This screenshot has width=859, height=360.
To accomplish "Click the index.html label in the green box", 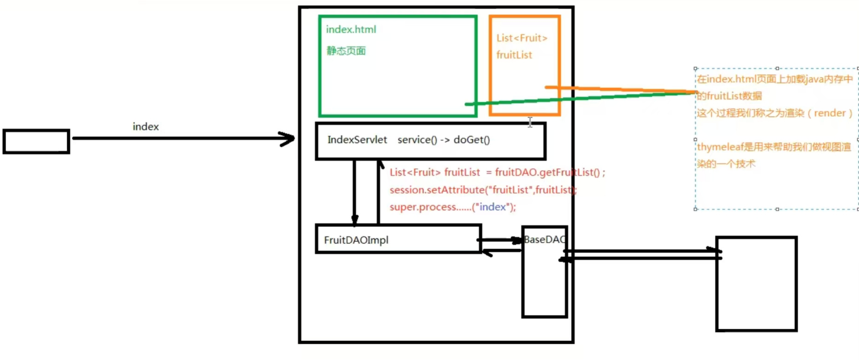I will pos(351,30).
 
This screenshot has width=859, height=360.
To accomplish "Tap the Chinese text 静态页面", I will pos(346,51).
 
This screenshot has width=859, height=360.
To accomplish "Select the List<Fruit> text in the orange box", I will pos(522,38).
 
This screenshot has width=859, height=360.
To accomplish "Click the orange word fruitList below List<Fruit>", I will pos(514,55).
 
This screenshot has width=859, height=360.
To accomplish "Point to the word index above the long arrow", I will pos(145,127).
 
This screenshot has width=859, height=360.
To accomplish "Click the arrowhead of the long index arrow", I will pos(288,139).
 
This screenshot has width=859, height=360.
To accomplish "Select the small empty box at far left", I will pos(36,142).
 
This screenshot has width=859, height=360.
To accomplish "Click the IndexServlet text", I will pos(357,140).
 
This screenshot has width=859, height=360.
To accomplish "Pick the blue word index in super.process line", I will pos(492,207).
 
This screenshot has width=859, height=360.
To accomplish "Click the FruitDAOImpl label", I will pos(356,240).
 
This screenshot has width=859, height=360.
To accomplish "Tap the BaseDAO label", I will pos(544,240).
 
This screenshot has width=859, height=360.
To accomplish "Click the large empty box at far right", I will pos(756,284).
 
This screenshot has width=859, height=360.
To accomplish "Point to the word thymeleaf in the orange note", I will pos(720,147).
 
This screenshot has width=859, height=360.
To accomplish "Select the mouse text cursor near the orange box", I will pos(530,122).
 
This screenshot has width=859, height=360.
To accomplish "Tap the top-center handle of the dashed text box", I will pos(777,69).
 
